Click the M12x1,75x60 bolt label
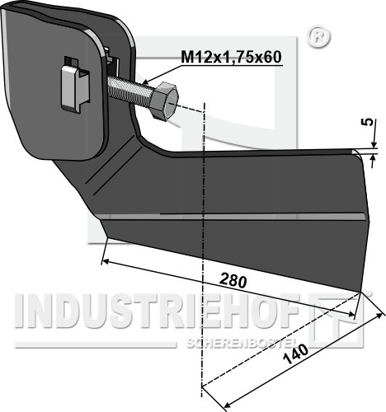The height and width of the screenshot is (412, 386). point(231,57)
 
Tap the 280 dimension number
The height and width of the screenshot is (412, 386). point(233,281)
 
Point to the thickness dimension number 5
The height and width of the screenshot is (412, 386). point(370,121)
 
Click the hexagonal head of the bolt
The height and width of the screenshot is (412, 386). point(164,100)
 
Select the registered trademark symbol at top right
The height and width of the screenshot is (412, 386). point(319,38)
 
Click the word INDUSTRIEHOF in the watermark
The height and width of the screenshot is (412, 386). point(157,311)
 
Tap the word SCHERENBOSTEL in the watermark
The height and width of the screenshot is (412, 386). point(241,343)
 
